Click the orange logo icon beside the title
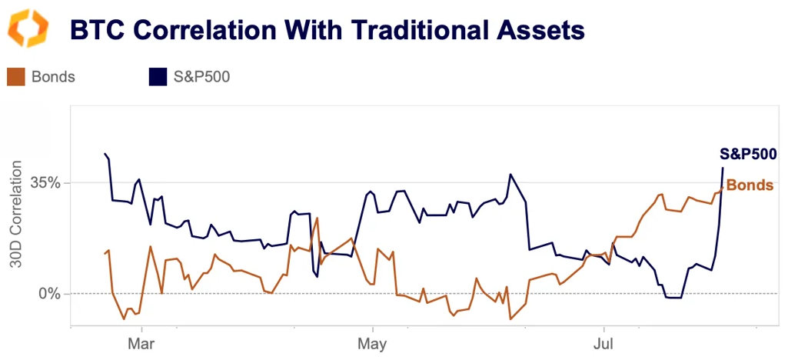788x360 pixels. point(28,29)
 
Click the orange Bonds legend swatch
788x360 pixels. point(16,76)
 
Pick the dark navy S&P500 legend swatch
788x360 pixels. point(158,76)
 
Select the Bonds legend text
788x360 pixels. point(54,76)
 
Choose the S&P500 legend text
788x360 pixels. point(201,76)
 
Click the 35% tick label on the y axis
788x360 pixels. point(45,183)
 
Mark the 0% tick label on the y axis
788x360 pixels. point(49,293)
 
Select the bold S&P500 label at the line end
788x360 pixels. point(748,154)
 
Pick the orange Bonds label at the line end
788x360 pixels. point(750,185)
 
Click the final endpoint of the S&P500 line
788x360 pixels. point(723,168)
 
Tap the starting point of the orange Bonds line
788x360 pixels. point(105,254)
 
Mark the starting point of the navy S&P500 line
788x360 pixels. point(105,154)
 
